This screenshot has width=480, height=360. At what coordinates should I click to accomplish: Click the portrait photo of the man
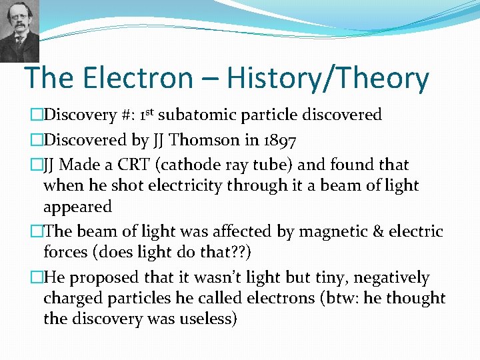pyautogui.click(x=19, y=30)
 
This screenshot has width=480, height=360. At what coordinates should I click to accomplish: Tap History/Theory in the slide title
pyautogui.click(x=327, y=79)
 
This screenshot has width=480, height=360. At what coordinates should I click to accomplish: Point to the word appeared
pyautogui.click(x=77, y=207)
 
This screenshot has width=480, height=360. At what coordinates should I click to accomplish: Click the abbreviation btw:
pyautogui.click(x=339, y=299)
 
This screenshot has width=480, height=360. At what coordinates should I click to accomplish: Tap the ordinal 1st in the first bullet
pyautogui.click(x=149, y=114)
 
